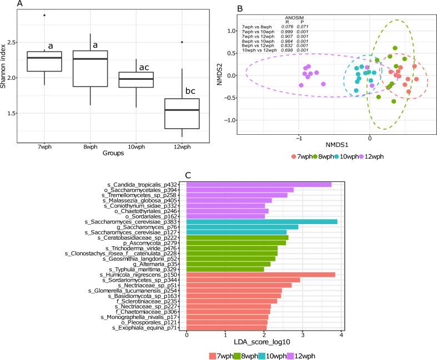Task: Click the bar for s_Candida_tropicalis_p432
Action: coord(259,185)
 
